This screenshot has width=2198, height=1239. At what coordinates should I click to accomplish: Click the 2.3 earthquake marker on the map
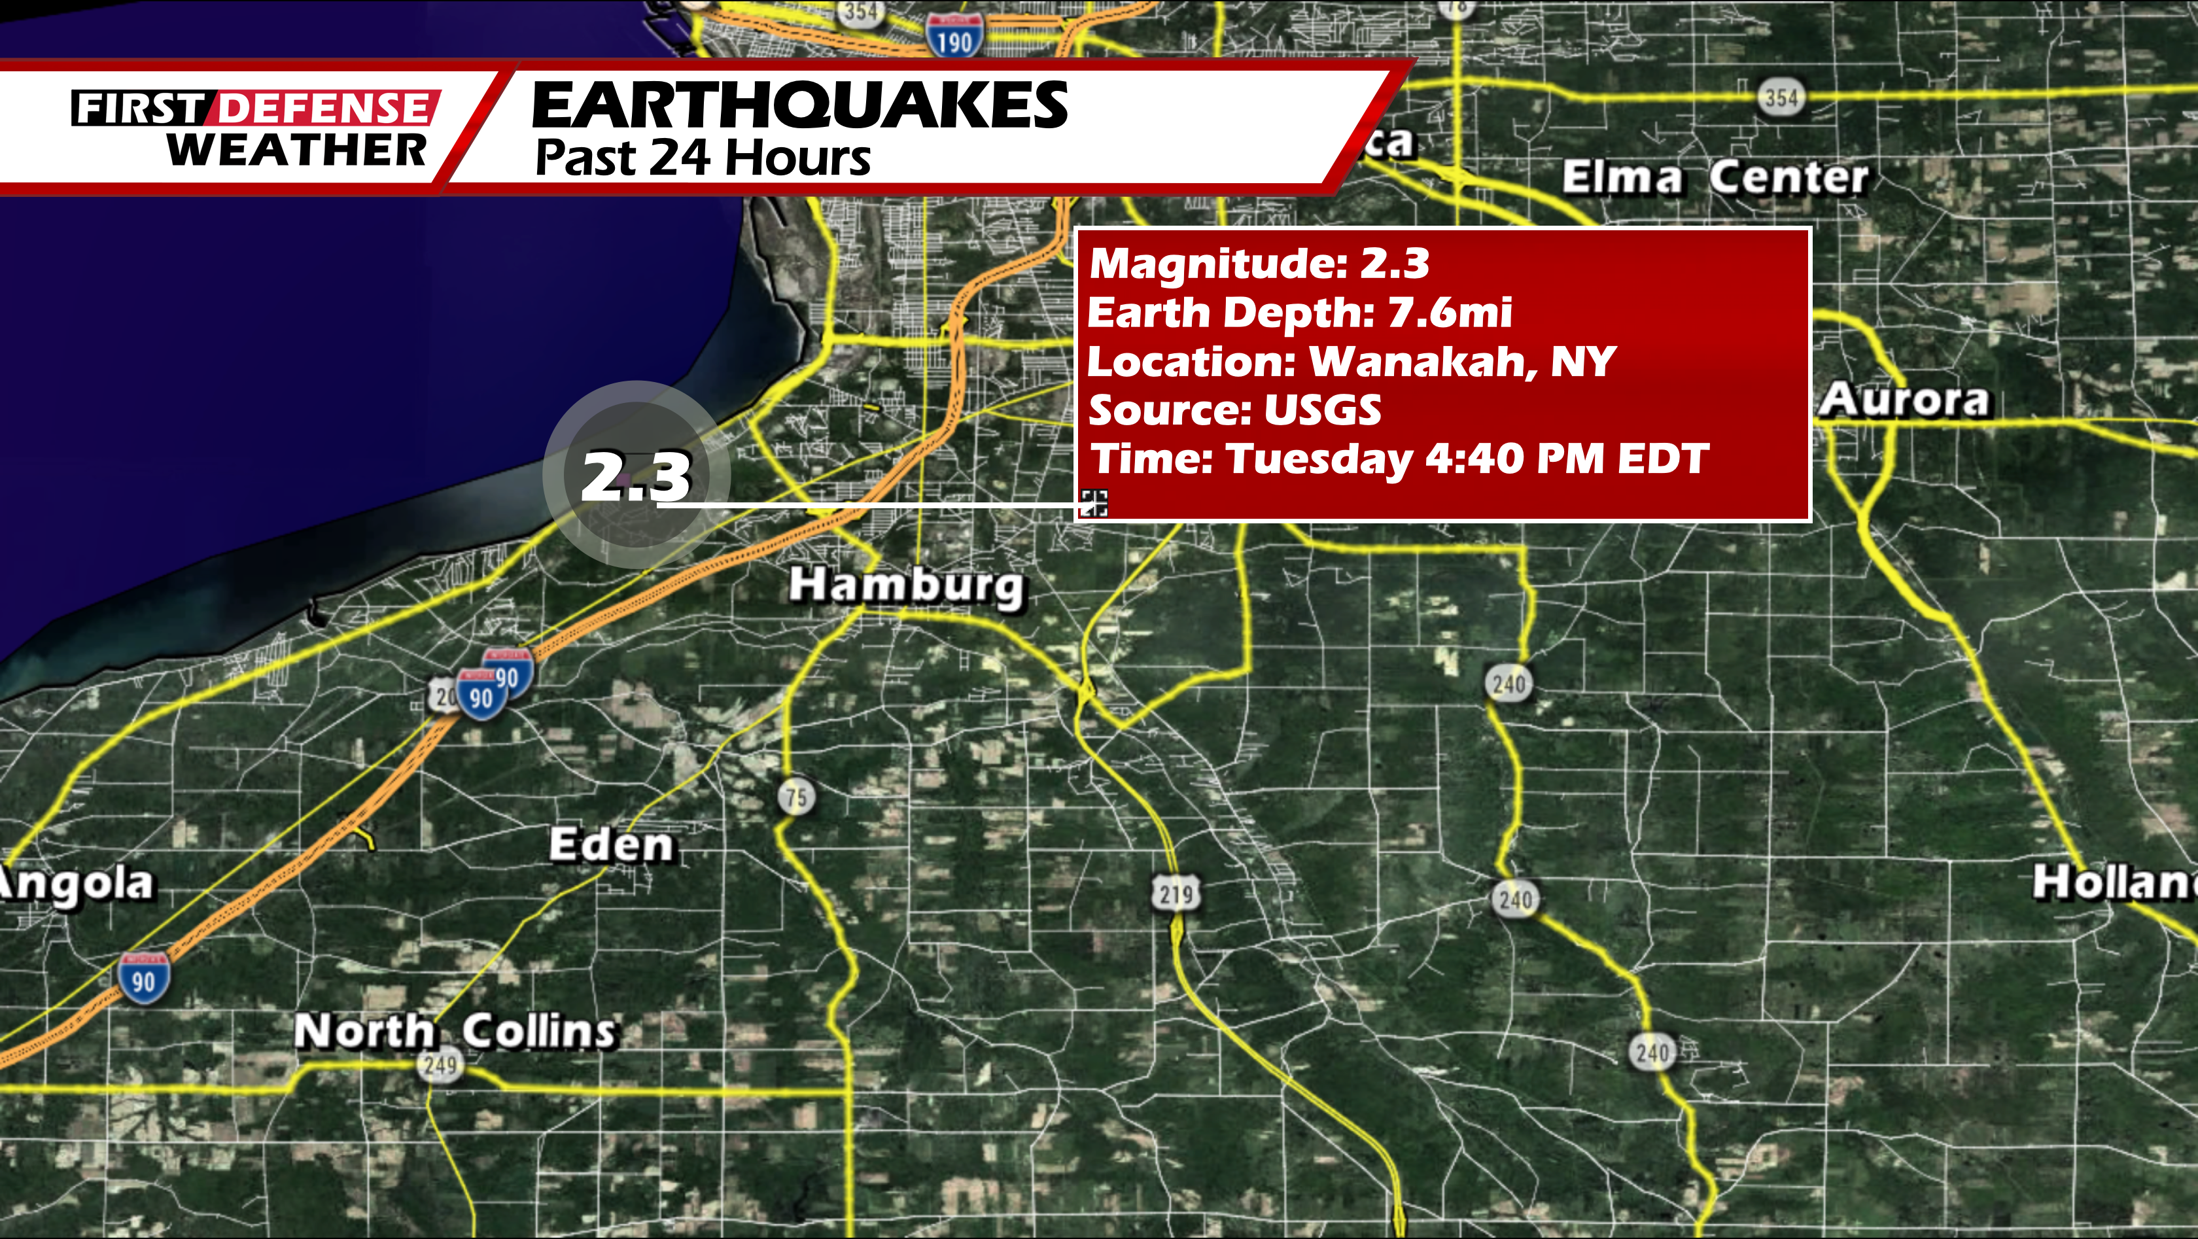click(x=637, y=476)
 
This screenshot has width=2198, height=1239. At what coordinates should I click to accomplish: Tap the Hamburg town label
click(x=906, y=586)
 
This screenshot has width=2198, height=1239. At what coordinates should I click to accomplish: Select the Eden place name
click(x=612, y=846)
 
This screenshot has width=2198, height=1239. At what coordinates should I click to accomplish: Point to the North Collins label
click(x=454, y=1031)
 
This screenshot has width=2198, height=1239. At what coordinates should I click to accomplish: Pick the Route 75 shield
click(x=796, y=797)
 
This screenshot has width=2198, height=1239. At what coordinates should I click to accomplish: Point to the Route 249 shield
click(x=440, y=1065)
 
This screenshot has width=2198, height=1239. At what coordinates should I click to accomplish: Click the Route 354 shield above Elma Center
click(x=1781, y=99)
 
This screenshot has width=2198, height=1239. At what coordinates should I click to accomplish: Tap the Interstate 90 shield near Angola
click(x=143, y=979)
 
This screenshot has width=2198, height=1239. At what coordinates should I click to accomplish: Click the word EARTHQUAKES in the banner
click(x=799, y=106)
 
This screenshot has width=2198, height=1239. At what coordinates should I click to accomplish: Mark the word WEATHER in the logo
click(x=296, y=150)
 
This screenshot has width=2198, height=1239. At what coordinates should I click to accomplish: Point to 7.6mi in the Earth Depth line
click(x=1450, y=312)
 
